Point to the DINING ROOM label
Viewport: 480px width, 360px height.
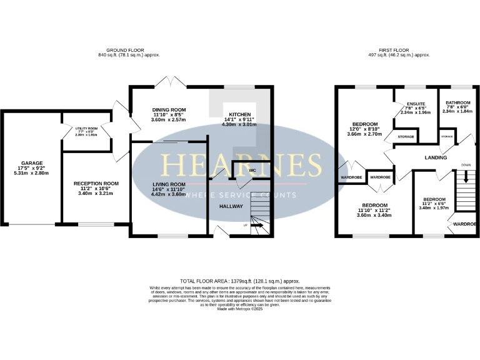click(x=169, y=109)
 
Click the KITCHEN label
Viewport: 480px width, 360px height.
click(x=240, y=114)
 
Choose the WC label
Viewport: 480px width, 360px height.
click(x=252, y=169)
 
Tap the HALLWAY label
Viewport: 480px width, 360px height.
click(x=230, y=206)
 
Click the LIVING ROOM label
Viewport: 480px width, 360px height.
click(x=169, y=184)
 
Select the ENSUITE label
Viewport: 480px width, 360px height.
click(x=416, y=103)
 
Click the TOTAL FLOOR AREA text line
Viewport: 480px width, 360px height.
click(x=240, y=282)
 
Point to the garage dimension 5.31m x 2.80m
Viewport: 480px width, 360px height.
click(x=29, y=172)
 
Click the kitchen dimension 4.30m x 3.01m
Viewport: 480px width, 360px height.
click(x=240, y=124)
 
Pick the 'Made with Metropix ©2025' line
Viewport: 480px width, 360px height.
click(x=240, y=307)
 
